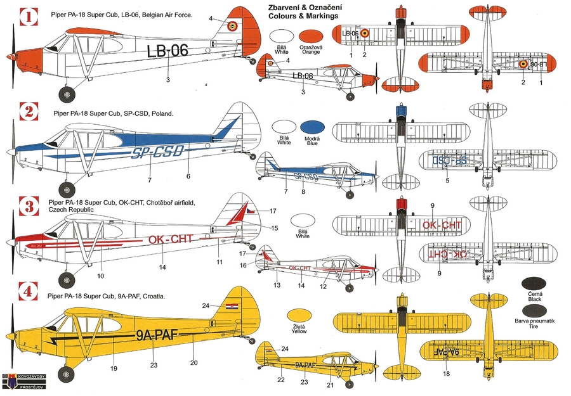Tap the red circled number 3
point(26,207)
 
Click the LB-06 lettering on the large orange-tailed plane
point(167,51)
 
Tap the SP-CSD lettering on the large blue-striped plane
point(158,152)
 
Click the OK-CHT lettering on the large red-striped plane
point(169,240)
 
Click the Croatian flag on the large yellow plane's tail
point(234,307)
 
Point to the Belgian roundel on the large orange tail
point(232,26)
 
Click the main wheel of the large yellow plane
point(67,374)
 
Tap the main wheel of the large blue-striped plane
point(67,189)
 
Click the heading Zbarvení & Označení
point(303,7)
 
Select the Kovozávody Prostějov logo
point(24,381)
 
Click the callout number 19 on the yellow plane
point(114,367)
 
